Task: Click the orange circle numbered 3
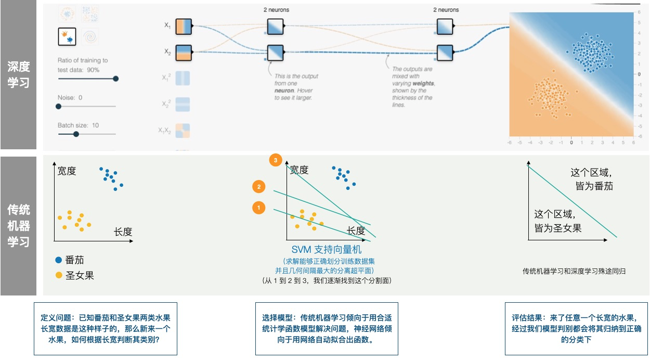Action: coord(276,160)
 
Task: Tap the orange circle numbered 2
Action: coord(258,187)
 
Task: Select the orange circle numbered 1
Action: coord(258,208)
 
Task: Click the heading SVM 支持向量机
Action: coord(326,250)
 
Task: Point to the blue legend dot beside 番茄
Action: coord(58,260)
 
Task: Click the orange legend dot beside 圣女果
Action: coord(58,275)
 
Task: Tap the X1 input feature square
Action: coord(183,26)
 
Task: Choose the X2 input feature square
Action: coord(183,52)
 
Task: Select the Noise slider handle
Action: coord(58,106)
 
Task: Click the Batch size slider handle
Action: coord(76,134)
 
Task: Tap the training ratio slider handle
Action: coord(115,79)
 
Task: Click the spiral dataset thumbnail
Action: coord(90,36)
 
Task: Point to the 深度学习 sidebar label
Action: coord(19,74)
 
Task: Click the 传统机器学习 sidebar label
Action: coord(19,225)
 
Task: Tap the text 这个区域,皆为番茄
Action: coord(591,178)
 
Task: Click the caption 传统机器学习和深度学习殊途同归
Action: coord(574,271)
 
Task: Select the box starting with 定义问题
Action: coord(106,329)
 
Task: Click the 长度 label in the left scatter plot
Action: coord(123,232)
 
